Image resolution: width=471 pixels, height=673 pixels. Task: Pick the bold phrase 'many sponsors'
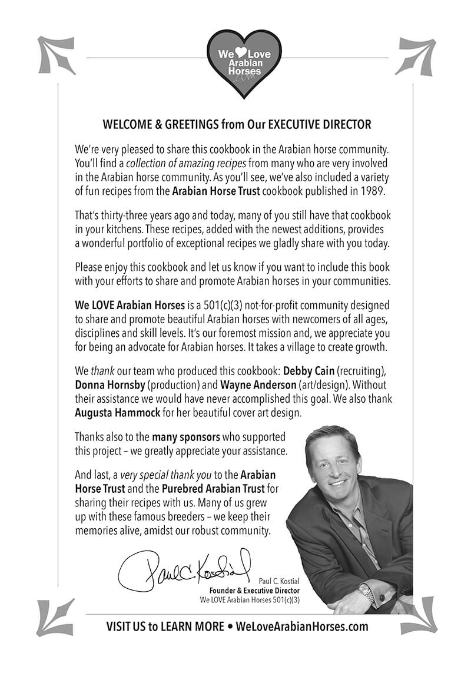(180, 437)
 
